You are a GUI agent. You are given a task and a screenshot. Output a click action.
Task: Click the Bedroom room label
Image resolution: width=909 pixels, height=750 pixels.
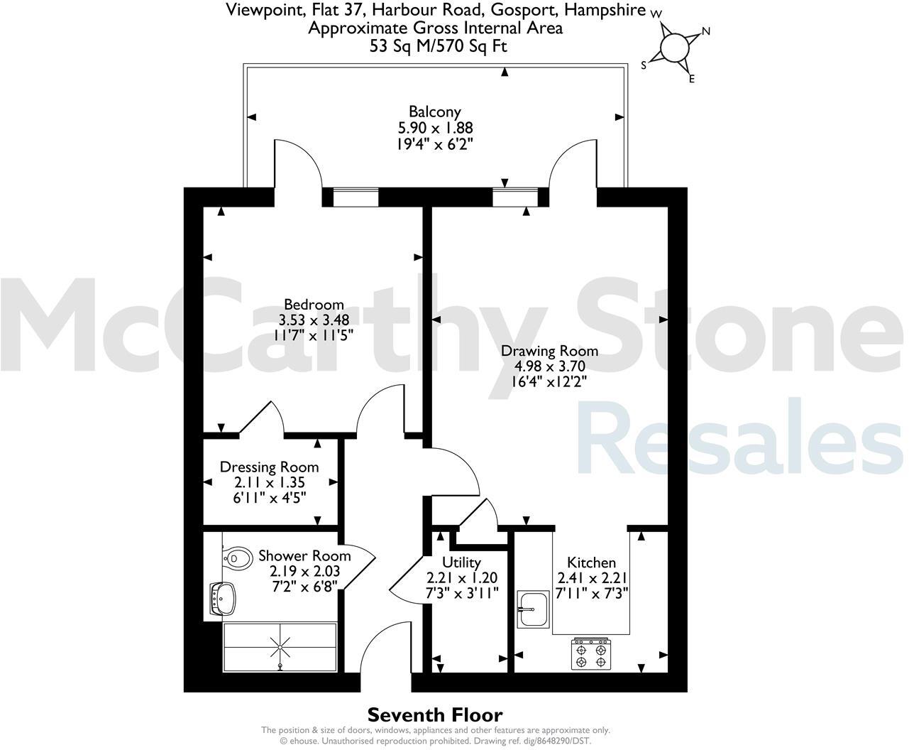(x=314, y=305)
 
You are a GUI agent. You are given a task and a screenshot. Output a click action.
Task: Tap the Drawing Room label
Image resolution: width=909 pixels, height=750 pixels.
(x=549, y=351)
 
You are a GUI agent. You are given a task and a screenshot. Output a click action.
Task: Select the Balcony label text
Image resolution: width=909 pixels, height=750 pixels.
(x=435, y=112)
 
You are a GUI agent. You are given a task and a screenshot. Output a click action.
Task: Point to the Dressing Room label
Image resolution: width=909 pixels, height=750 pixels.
(x=269, y=467)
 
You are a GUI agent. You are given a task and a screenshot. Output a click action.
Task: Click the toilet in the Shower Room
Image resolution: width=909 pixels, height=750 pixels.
(x=238, y=558)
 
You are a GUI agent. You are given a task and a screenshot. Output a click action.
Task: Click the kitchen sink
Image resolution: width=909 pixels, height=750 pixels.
(x=534, y=609)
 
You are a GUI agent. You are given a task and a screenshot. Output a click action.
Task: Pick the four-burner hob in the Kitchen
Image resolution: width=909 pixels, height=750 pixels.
(x=592, y=654)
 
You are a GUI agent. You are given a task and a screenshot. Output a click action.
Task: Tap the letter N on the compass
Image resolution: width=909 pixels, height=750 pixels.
(x=705, y=31)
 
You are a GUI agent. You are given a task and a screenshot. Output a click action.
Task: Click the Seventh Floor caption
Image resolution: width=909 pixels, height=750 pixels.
(x=435, y=715)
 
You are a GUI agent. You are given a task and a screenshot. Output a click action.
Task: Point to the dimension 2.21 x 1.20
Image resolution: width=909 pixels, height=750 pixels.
(x=462, y=578)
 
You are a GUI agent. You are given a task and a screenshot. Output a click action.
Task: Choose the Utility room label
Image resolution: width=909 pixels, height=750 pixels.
(x=461, y=563)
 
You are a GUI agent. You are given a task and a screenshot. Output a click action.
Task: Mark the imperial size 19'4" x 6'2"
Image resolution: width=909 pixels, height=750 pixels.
(x=435, y=143)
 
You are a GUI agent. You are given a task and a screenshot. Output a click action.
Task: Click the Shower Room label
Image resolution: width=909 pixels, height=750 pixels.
(x=304, y=555)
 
